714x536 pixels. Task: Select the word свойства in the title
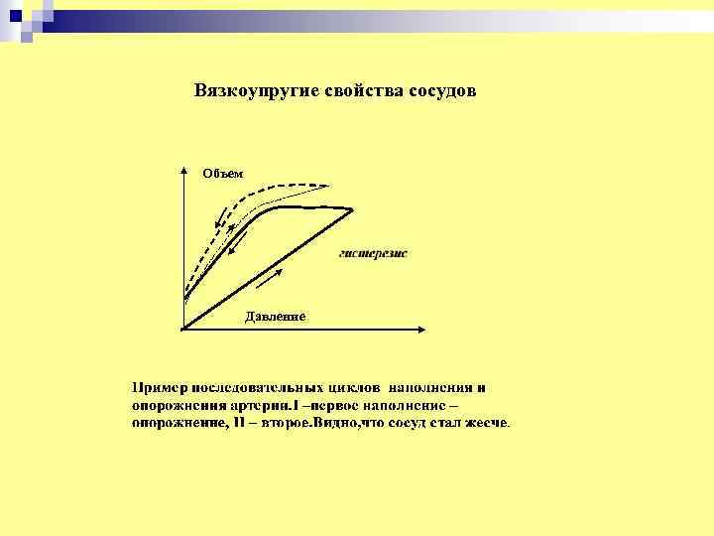point(362,90)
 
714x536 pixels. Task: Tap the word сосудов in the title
point(442,90)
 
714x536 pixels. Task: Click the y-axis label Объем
point(222,174)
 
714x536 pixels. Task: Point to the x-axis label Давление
point(275,316)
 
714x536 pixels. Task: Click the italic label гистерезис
point(373,253)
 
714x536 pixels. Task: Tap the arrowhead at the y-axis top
point(184,169)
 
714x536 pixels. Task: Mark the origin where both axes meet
point(184,329)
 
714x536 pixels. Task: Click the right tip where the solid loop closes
point(351,208)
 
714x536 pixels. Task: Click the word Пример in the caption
point(161,388)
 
